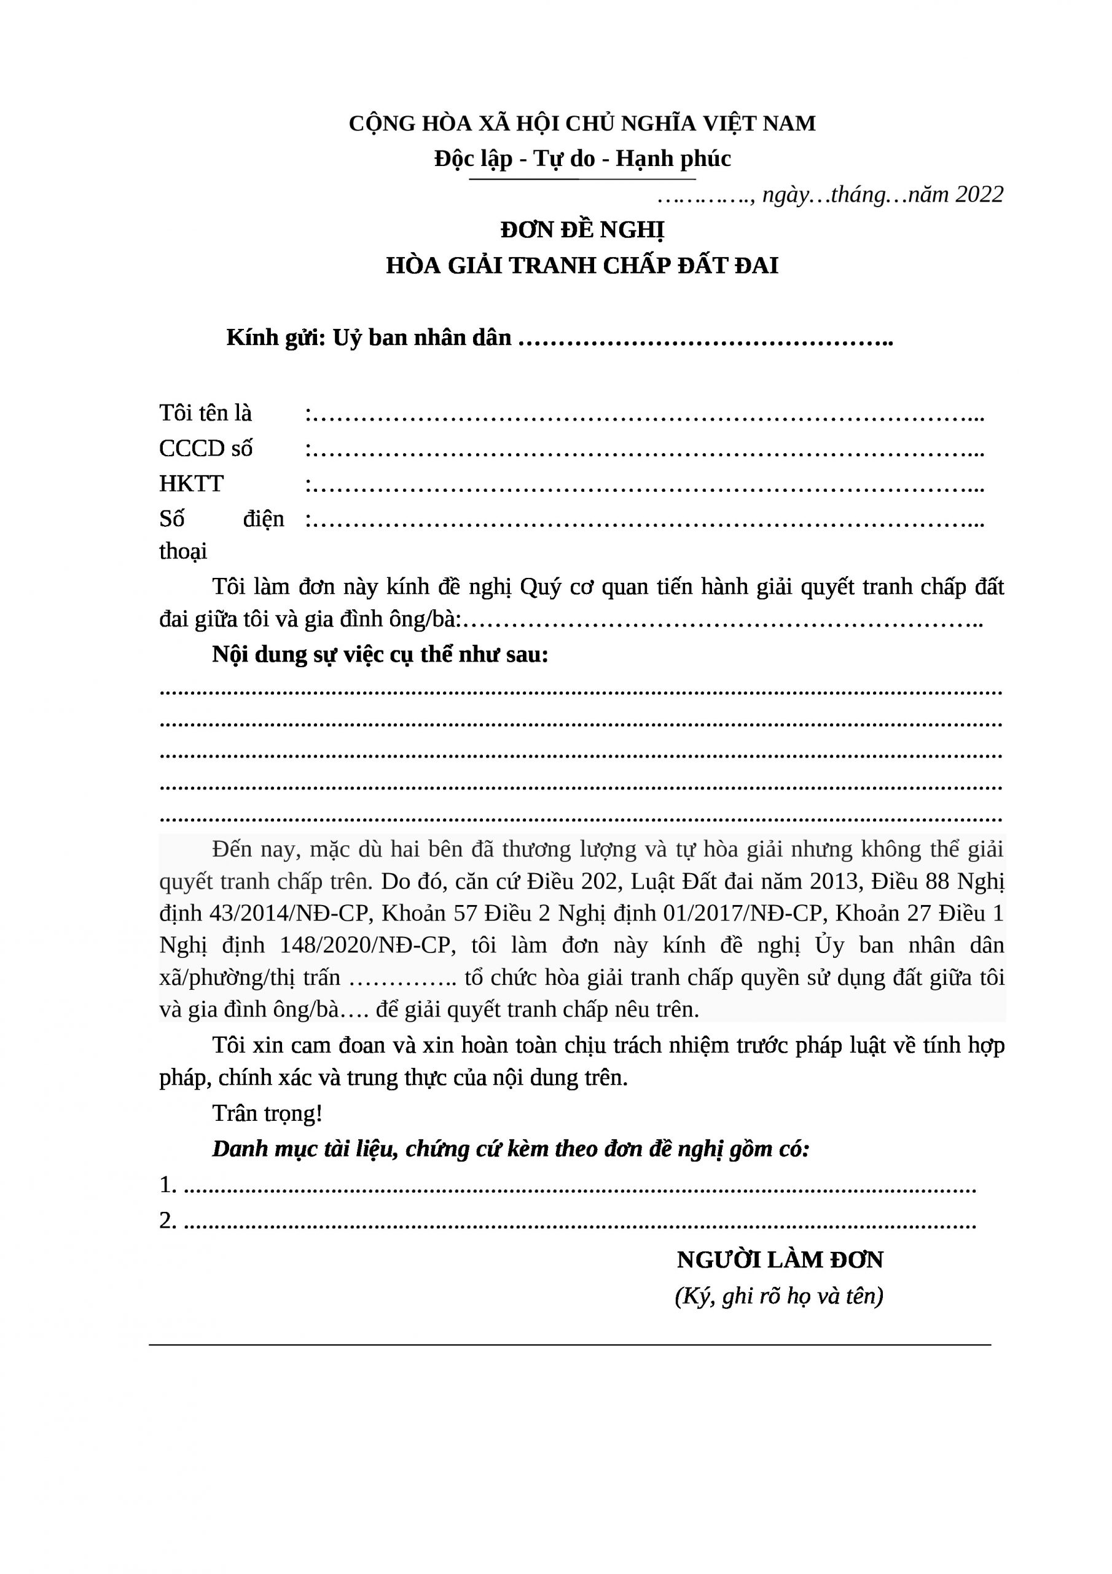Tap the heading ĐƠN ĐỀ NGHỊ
click(x=582, y=231)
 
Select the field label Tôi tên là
click(x=206, y=413)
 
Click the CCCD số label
click(x=206, y=448)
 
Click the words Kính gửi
click(x=275, y=338)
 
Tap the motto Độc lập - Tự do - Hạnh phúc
click(x=582, y=159)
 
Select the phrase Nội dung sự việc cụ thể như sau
click(x=380, y=655)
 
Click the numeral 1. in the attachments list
click(x=168, y=1185)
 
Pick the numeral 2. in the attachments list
click(x=168, y=1220)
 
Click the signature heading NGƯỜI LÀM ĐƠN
click(x=780, y=1260)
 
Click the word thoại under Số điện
click(x=183, y=551)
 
